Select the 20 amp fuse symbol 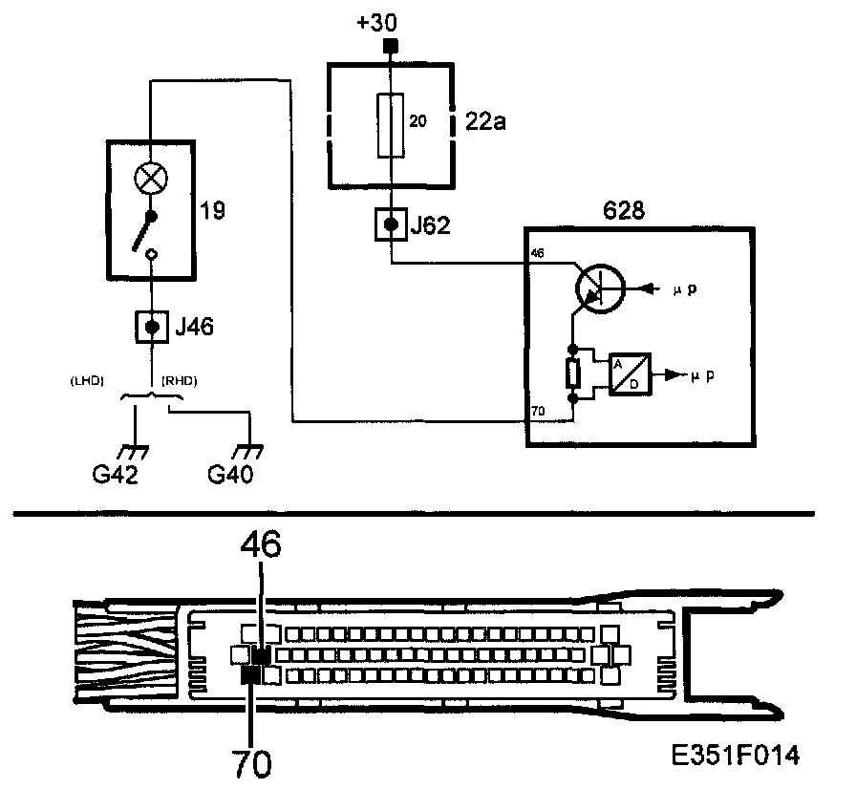pos(390,124)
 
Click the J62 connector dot pos(390,226)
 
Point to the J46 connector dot pos(152,328)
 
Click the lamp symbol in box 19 pos(151,177)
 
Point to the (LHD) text pos(88,380)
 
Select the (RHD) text pos(180,380)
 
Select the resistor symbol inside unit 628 pos(572,373)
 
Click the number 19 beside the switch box pos(214,210)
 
